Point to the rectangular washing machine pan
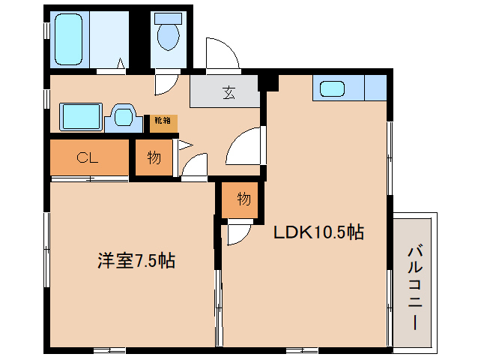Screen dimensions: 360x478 coord(81,118)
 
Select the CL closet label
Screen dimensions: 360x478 coord(88,157)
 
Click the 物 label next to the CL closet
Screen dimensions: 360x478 coord(154,157)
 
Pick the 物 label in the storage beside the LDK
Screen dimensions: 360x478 coord(243,199)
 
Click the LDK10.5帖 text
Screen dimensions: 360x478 coord(318,232)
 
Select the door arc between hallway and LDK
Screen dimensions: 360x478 coord(244,145)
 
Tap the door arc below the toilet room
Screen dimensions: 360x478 coord(166,83)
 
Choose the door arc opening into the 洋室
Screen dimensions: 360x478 coord(196,166)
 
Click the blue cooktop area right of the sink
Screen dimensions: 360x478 coord(375,88)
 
